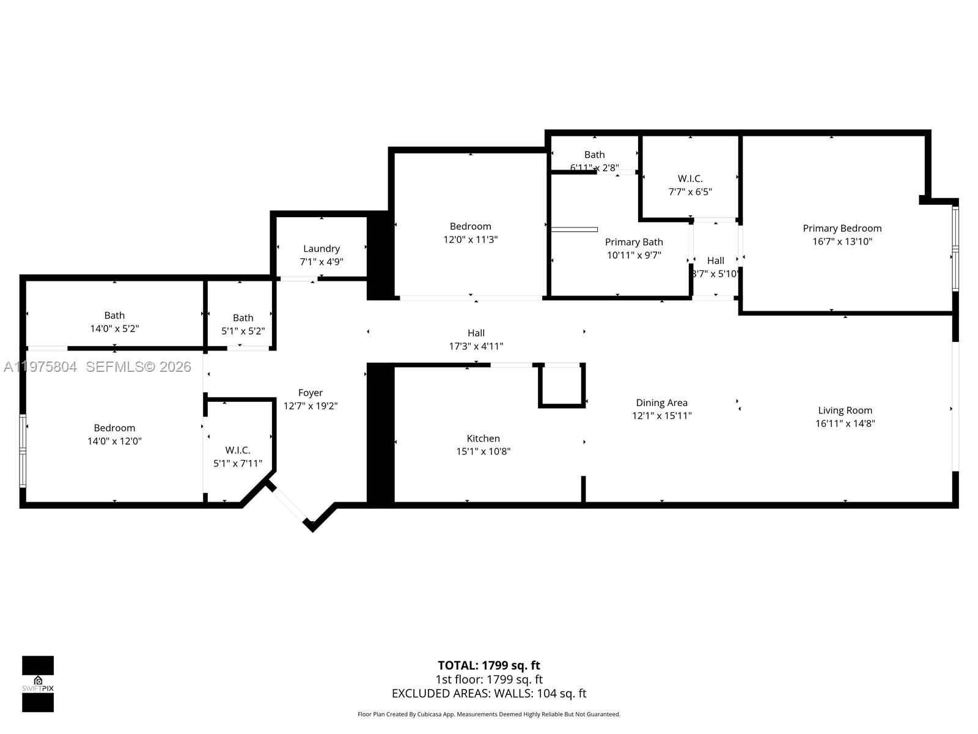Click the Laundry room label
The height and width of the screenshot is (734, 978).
tap(322, 248)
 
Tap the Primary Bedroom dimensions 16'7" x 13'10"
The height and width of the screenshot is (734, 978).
tap(842, 241)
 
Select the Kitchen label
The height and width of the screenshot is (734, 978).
tap(483, 438)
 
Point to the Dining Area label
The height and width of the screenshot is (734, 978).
tap(661, 402)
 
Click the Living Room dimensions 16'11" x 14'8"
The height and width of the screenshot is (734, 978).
tap(845, 423)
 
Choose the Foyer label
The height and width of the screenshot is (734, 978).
tap(311, 393)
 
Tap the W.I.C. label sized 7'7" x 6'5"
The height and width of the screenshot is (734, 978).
tap(690, 179)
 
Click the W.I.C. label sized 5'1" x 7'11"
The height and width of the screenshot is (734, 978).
tap(238, 450)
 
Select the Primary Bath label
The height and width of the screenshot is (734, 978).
tap(634, 242)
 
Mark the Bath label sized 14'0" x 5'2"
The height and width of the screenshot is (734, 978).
tap(114, 315)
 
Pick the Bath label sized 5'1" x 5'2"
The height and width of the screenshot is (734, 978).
tap(243, 317)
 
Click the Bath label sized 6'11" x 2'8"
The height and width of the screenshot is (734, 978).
tap(594, 155)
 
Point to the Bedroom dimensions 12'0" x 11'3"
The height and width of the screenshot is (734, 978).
tap(470, 240)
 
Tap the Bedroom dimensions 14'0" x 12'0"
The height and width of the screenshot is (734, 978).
tap(114, 441)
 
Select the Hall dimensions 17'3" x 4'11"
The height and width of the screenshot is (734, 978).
tap(476, 346)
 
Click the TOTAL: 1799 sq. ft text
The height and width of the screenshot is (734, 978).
tap(488, 665)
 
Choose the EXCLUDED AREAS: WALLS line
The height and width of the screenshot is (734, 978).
tap(488, 694)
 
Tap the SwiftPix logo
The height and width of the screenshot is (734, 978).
tap(38, 684)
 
